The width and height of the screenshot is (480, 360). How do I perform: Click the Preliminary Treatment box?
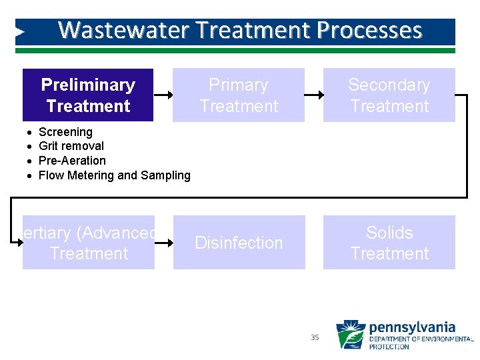point(88,95)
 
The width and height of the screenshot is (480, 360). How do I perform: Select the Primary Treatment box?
point(239,95)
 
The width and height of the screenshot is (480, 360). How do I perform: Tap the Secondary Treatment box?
point(389,95)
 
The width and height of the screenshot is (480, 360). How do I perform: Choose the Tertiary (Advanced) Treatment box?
point(89,243)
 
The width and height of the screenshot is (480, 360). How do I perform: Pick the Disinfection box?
point(239,243)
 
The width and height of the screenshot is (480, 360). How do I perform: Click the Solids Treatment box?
point(389,243)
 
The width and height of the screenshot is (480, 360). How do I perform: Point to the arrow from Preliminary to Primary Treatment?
point(163,95)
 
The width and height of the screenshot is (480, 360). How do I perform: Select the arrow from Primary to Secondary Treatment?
point(313,95)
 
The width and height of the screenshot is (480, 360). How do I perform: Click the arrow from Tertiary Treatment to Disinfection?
point(163,243)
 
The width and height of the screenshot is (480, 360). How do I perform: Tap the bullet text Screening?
point(65,132)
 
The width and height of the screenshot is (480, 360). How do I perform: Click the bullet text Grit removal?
point(71,146)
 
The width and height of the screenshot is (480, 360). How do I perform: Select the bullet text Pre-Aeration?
point(72,161)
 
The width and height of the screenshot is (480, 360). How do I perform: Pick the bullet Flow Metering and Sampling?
point(114,175)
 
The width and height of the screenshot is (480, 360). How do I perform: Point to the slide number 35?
point(315,338)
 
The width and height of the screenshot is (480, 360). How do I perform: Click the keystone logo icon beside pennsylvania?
point(350,335)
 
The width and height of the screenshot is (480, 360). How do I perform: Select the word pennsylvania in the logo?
point(411,327)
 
